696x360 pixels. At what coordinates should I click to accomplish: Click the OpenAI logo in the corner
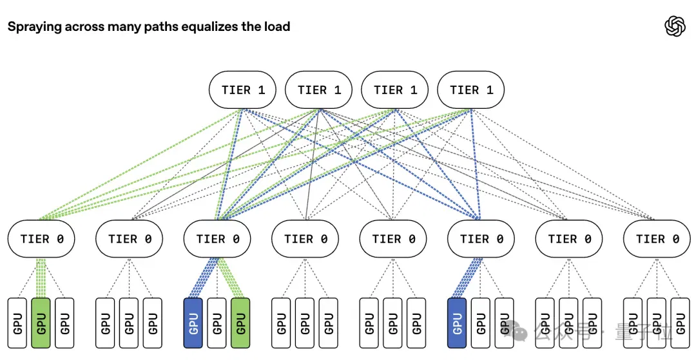[675, 26]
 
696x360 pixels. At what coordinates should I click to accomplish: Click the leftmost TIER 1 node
[242, 90]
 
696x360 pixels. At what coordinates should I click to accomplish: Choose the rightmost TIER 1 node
[471, 90]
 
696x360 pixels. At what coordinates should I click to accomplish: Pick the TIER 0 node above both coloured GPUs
[217, 239]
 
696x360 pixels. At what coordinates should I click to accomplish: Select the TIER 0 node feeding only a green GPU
[41, 239]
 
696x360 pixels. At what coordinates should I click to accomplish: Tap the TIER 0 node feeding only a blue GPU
[481, 239]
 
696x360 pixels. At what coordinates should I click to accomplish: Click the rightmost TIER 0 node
[657, 239]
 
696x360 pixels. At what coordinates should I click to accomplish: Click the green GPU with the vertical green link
[41, 323]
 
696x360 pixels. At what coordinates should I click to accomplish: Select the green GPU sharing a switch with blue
[240, 323]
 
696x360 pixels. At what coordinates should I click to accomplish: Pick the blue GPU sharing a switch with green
[193, 323]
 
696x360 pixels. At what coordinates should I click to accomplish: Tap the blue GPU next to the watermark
[457, 323]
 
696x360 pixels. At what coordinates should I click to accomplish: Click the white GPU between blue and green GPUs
[217, 323]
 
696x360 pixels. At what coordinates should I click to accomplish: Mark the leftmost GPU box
[17, 323]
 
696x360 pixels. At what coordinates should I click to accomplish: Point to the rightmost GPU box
[681, 323]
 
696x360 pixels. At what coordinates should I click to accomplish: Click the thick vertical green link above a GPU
[41, 278]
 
